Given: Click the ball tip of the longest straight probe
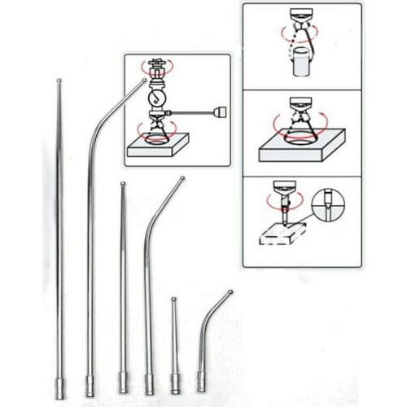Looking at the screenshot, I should [x=58, y=79].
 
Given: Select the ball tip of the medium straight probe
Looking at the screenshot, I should [x=122, y=184].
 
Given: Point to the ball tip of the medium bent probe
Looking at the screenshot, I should [x=182, y=179].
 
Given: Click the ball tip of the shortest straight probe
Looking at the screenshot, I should [x=173, y=300].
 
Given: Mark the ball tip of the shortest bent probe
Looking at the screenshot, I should [x=230, y=291].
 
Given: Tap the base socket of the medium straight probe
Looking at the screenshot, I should [x=124, y=382].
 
